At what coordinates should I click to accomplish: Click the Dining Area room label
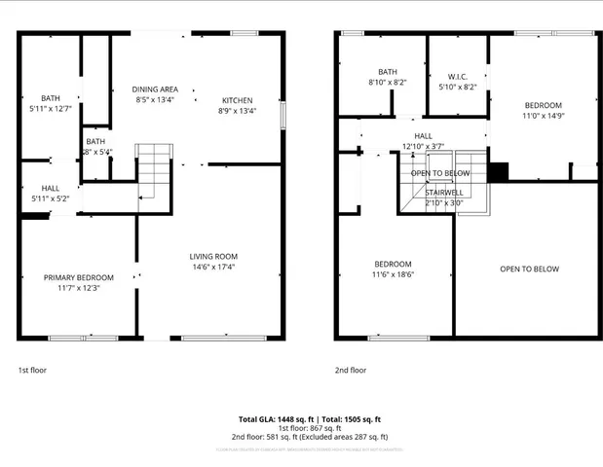156,90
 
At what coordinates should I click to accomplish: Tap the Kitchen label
237,100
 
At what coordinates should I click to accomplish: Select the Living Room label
213,257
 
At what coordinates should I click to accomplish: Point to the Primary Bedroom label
79,277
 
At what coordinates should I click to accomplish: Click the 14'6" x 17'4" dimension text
213,268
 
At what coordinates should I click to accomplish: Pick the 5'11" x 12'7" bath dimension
50,109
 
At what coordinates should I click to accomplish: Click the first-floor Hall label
50,188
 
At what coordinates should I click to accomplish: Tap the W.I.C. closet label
459,76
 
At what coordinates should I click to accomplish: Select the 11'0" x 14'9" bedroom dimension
544,116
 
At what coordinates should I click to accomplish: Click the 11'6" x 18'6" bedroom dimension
394,275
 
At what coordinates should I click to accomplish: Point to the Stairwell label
442,193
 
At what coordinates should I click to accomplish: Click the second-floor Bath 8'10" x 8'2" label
388,72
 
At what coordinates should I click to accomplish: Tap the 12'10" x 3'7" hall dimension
423,147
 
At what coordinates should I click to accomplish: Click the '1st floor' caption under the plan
32,370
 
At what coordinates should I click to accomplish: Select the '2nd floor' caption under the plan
351,370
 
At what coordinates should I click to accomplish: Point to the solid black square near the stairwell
498,172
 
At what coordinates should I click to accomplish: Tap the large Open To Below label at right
529,269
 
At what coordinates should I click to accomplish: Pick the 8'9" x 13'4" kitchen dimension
237,111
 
